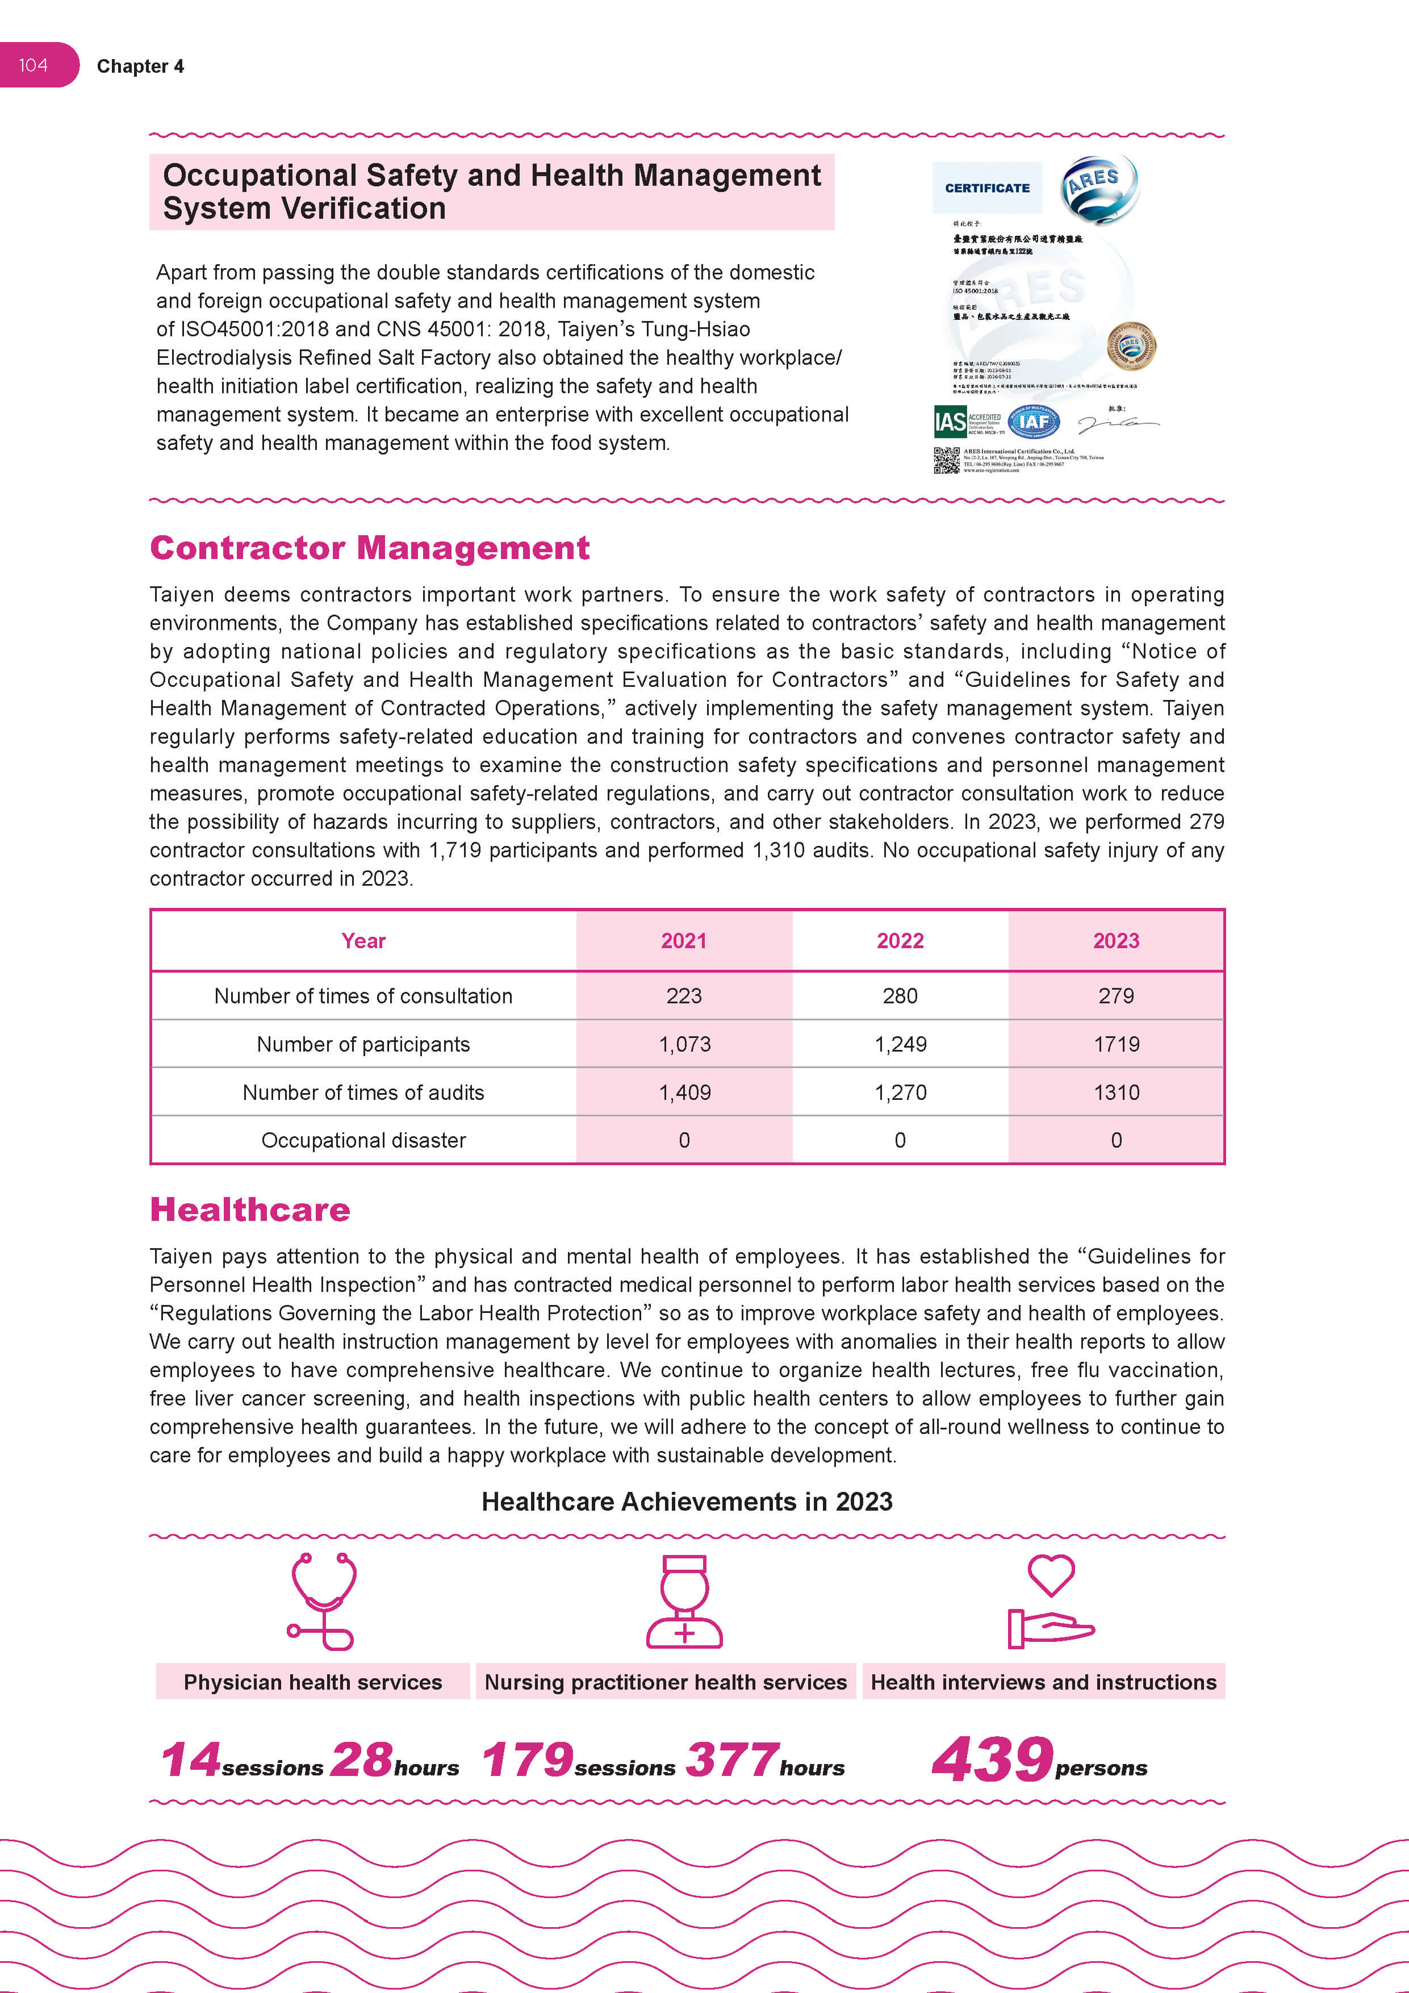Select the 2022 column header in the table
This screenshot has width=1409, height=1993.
(x=900, y=941)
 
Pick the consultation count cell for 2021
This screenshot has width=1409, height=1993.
(x=684, y=995)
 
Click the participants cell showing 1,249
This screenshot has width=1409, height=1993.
(x=900, y=1044)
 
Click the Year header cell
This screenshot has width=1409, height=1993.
(x=363, y=941)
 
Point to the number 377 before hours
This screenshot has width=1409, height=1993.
(x=731, y=1761)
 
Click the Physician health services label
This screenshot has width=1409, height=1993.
(x=312, y=1682)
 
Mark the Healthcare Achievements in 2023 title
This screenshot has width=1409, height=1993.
(x=686, y=1502)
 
